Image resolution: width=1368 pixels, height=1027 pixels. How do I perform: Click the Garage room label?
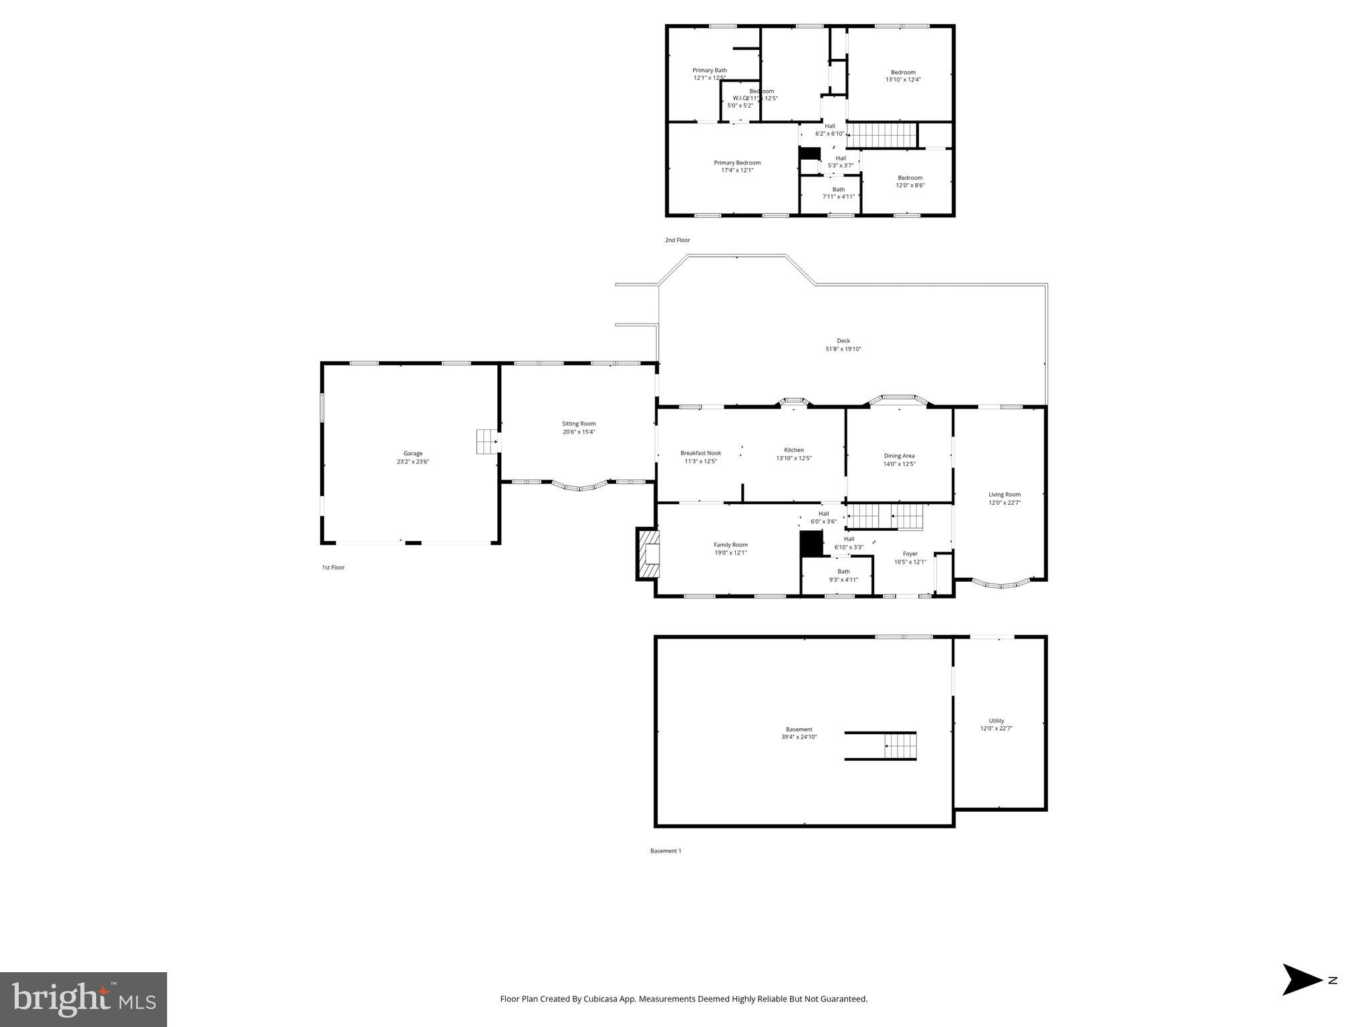tap(412, 454)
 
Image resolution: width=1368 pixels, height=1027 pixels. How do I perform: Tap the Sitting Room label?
tap(578, 424)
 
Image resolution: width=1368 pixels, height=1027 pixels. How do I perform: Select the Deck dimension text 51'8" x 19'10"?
tap(843, 349)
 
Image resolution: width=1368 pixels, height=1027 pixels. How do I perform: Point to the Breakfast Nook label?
tap(700, 453)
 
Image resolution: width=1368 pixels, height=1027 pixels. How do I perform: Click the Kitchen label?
tap(793, 450)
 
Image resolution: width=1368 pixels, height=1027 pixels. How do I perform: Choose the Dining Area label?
tap(899, 456)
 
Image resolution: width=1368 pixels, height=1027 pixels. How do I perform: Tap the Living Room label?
tap(1004, 495)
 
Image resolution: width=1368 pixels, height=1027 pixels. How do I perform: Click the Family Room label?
tap(730, 545)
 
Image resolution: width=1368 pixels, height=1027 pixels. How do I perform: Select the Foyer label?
tap(910, 554)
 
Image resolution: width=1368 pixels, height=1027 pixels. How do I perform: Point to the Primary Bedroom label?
tap(736, 163)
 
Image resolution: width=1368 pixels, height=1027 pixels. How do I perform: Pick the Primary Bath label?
tap(709, 70)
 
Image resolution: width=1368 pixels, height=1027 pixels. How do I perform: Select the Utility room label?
tap(996, 721)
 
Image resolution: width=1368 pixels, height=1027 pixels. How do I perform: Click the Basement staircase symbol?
tap(900, 746)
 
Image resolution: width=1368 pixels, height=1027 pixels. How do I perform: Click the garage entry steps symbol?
tap(487, 441)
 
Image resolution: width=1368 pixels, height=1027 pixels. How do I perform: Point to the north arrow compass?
tap(1304, 998)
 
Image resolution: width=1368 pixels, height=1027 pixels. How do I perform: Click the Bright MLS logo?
tap(84, 999)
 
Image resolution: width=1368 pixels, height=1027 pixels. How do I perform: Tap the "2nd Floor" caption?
tap(677, 240)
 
